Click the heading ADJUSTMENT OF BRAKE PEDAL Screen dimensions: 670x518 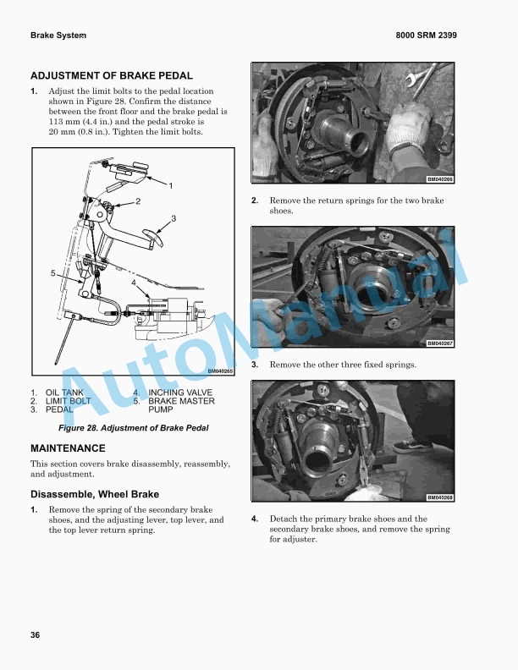point(112,75)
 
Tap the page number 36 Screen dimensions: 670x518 point(36,634)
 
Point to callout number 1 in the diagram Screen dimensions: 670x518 point(170,184)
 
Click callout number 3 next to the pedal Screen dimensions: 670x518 point(174,218)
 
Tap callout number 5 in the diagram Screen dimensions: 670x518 point(52,273)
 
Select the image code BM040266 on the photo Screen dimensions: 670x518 point(439,178)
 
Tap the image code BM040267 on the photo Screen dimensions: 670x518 point(439,343)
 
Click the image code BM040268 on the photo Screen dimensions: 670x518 point(439,497)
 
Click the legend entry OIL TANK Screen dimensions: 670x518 point(64,393)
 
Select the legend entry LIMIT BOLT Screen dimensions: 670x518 point(68,401)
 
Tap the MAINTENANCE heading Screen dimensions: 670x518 point(68,448)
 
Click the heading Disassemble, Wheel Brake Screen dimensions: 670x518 point(95,494)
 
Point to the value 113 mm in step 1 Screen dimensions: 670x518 point(63,121)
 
